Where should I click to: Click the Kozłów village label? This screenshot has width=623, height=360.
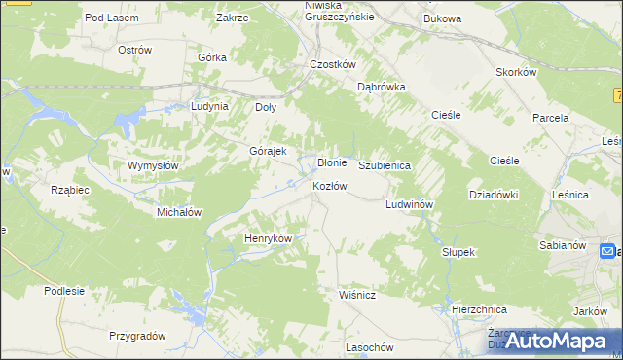[x=329, y=186]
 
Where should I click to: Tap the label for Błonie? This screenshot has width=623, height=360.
[x=333, y=162]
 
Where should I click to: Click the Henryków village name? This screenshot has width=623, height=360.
[x=268, y=237]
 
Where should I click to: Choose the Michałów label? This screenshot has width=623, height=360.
[x=179, y=211]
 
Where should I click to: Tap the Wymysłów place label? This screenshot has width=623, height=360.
[x=153, y=165]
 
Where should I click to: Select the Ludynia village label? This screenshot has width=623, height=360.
[x=209, y=106]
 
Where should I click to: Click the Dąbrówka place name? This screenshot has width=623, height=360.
[x=381, y=86]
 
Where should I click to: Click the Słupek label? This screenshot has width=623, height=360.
[x=457, y=252]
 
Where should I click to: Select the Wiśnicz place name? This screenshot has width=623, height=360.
[x=357, y=292]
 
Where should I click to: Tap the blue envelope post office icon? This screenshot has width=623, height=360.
[x=605, y=252]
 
